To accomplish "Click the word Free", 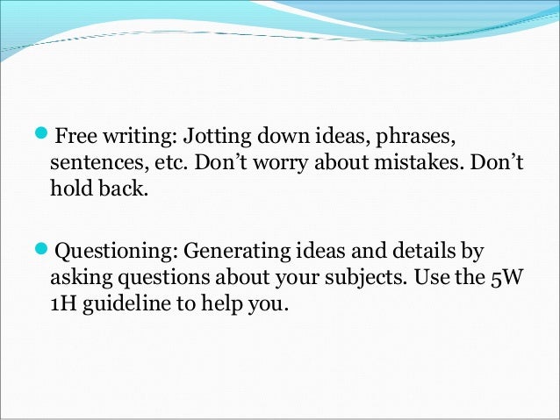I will [75, 138].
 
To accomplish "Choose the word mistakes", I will [400, 164].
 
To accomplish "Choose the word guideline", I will [128, 308].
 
